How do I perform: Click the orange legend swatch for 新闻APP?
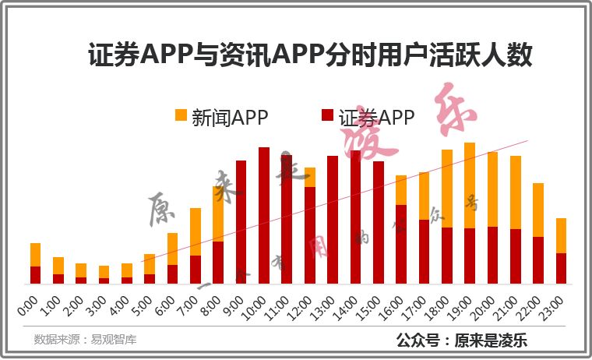pos(181,115)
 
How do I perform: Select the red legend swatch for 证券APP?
pos(329,116)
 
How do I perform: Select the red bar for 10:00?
pos(264,215)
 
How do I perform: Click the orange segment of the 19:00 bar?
pos(470,185)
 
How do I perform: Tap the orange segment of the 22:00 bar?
pos(538,210)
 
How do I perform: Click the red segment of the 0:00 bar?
pos(35,274)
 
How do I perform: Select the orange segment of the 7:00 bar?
pos(196,231)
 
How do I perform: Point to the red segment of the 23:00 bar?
pos(561,268)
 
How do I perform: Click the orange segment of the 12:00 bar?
pos(310,177)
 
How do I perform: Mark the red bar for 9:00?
pos(241,221)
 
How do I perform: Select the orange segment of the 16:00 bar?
pos(401,190)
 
